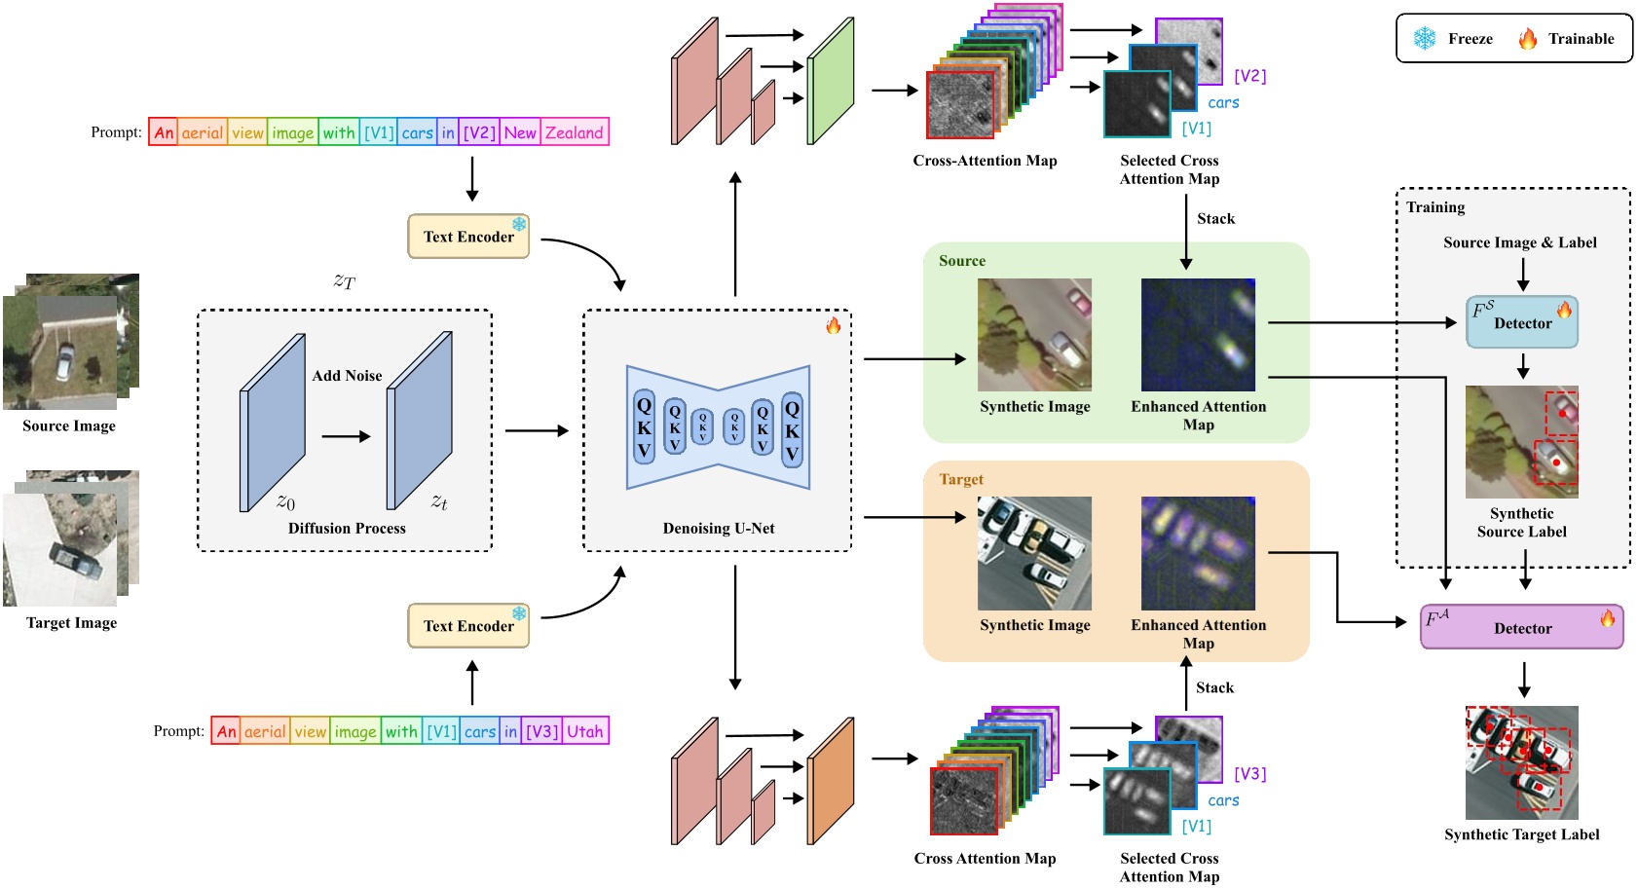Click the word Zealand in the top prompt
click(x=575, y=132)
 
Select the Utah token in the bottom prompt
click(x=585, y=731)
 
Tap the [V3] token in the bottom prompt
click(x=541, y=731)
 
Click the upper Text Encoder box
click(x=467, y=237)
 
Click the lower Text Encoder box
click(x=467, y=626)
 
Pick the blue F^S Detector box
click(x=1522, y=322)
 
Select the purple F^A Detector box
click(x=1521, y=627)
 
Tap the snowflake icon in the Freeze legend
click(x=1425, y=38)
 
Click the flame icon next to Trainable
click(x=1528, y=38)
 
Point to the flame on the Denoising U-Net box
click(x=834, y=325)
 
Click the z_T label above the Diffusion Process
click(x=345, y=281)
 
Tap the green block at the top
click(x=830, y=82)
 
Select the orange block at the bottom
click(x=830, y=781)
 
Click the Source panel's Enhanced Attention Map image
click(x=1198, y=335)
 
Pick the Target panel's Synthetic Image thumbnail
click(x=1034, y=553)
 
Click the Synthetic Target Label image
click(x=1521, y=762)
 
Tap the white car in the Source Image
click(x=63, y=362)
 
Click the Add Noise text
click(x=347, y=376)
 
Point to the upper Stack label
click(x=1215, y=219)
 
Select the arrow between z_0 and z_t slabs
click(x=346, y=436)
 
